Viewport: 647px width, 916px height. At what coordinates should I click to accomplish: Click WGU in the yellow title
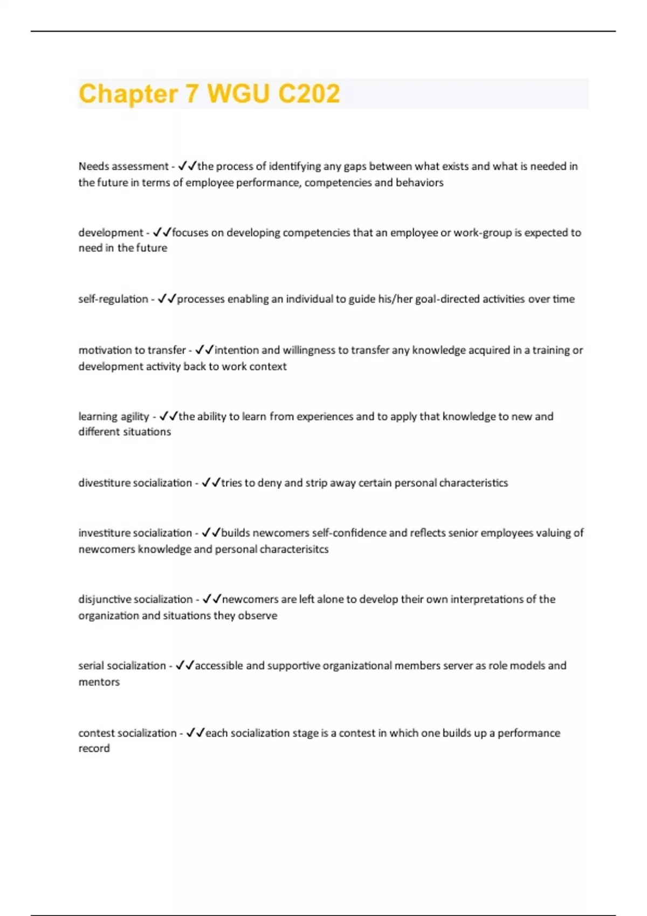pyautogui.click(x=238, y=94)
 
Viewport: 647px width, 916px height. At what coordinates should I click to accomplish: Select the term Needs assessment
pyautogui.click(x=123, y=166)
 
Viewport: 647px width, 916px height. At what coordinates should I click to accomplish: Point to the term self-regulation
pyautogui.click(x=113, y=299)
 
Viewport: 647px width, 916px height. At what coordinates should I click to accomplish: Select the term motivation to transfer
pyautogui.click(x=132, y=350)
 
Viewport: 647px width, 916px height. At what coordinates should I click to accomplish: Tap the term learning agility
pyautogui.click(x=114, y=417)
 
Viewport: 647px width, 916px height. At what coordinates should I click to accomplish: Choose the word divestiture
pyautogui.click(x=105, y=483)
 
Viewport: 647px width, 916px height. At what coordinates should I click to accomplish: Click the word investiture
pyautogui.click(x=105, y=533)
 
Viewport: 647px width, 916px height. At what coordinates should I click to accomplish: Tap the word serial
pyautogui.click(x=91, y=665)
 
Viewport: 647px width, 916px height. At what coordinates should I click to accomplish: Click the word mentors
pyautogui.click(x=99, y=682)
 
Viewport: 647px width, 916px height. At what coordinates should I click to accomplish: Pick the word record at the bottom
pyautogui.click(x=94, y=748)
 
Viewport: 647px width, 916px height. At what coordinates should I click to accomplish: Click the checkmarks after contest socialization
pyautogui.click(x=195, y=733)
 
